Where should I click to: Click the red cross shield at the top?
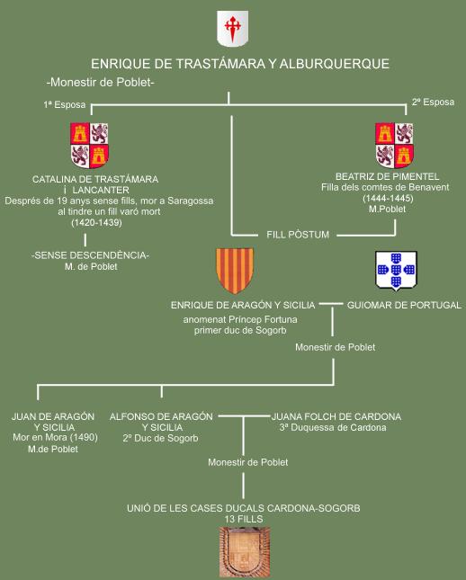(232, 29)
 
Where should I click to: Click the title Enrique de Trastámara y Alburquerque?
(240, 64)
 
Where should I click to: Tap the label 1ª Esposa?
(65, 104)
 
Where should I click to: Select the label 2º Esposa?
(433, 103)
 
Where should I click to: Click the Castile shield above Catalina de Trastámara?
(89, 145)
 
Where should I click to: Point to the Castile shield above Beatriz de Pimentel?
(394, 145)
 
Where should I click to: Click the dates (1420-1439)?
(96, 223)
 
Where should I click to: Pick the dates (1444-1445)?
(388, 198)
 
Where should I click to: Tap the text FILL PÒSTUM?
(298, 235)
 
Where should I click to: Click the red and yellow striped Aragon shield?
(235, 271)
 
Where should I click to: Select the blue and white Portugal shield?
(396, 271)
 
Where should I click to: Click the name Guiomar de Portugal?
(404, 305)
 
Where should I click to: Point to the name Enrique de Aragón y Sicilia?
(243, 305)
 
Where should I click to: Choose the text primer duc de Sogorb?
(240, 330)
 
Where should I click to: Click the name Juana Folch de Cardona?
(336, 417)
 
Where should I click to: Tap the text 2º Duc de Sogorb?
(160, 438)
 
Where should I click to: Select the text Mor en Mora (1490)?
(55, 438)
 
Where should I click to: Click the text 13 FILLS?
(244, 520)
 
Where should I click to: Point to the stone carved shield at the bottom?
(245, 552)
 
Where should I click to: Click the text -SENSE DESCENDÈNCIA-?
(91, 255)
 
